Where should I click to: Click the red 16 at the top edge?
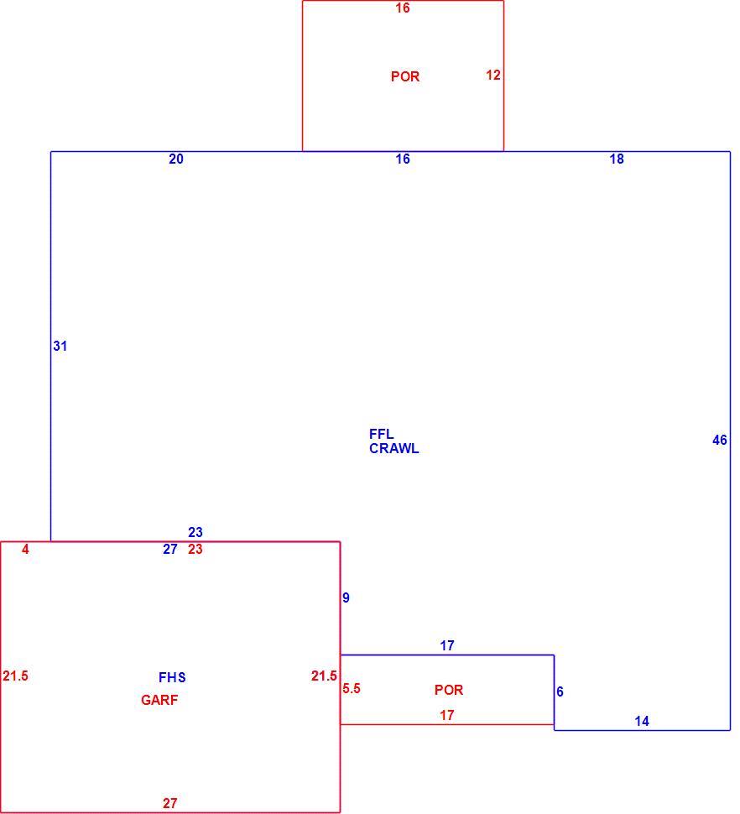click(403, 8)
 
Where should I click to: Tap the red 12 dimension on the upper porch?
click(493, 76)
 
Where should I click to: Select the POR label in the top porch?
click(405, 77)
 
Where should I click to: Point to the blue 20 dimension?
click(176, 159)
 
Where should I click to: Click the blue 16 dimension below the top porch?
click(403, 159)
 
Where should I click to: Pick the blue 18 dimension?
click(617, 159)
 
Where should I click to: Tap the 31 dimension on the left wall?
click(60, 347)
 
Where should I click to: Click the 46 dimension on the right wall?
click(720, 441)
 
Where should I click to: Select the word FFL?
click(382, 434)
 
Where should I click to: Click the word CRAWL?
click(393, 448)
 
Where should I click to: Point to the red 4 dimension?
click(25, 550)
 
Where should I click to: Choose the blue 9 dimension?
click(347, 598)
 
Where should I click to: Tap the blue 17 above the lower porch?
click(447, 646)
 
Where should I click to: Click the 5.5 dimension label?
click(352, 689)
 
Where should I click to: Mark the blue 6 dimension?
click(560, 692)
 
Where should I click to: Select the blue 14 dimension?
click(642, 722)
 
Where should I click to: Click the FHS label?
click(172, 677)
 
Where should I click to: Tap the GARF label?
click(159, 701)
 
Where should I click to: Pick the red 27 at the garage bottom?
click(170, 804)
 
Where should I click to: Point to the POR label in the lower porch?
click(449, 691)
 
